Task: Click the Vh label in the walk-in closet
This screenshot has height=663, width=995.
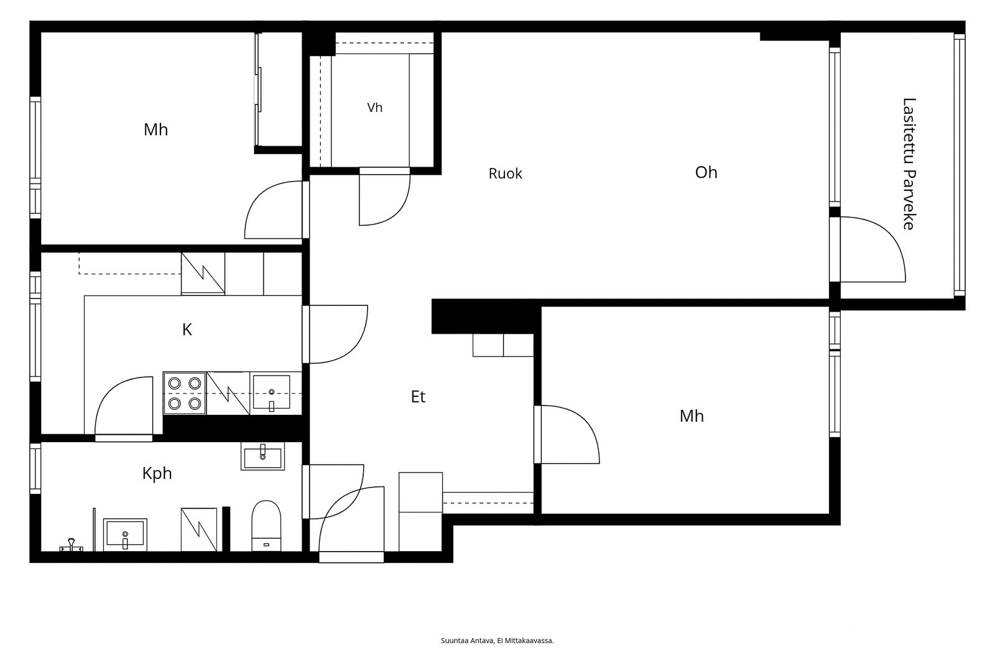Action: (x=374, y=108)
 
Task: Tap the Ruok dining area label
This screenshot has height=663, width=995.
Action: (x=505, y=174)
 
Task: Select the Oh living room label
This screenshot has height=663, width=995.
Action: (x=706, y=172)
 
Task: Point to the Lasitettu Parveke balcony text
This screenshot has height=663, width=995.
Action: (x=909, y=164)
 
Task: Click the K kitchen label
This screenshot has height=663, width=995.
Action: (x=187, y=330)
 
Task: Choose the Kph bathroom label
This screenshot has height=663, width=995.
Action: (x=157, y=474)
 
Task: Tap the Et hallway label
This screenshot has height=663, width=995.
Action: (x=418, y=397)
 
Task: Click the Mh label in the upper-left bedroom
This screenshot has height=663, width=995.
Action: (x=155, y=130)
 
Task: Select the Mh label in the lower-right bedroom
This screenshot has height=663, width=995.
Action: (x=692, y=416)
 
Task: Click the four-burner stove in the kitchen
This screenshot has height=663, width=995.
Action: (x=185, y=393)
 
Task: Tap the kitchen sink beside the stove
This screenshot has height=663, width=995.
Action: (x=271, y=393)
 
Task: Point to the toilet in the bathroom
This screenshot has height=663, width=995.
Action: (x=266, y=526)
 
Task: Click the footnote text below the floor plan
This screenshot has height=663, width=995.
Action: (x=497, y=641)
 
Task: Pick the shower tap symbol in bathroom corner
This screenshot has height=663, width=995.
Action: (x=71, y=545)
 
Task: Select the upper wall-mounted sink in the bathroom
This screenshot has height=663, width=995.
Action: (x=262, y=456)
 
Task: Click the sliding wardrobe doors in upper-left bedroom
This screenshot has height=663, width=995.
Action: (x=257, y=89)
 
